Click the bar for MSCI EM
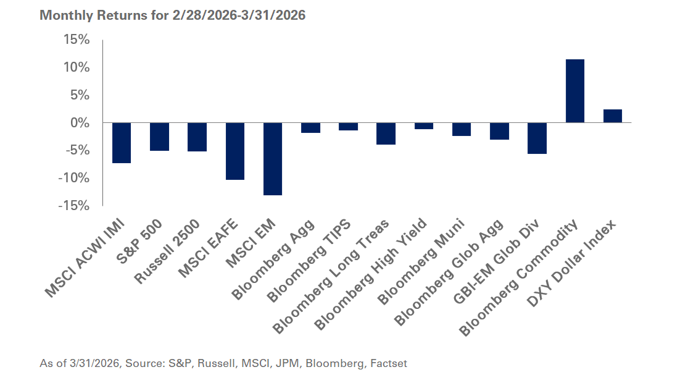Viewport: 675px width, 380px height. pyautogui.click(x=273, y=159)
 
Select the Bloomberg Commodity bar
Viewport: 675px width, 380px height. pyautogui.click(x=575, y=91)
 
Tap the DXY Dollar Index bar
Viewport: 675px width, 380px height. pyautogui.click(x=613, y=116)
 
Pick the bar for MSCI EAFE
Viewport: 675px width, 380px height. pyautogui.click(x=235, y=151)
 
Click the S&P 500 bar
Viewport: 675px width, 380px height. pyautogui.click(x=159, y=137)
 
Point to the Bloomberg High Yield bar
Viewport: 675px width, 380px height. pyautogui.click(x=424, y=126)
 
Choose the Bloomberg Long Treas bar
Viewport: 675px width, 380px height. pyautogui.click(x=386, y=133)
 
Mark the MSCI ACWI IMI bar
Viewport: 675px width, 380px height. pyautogui.click(x=122, y=143)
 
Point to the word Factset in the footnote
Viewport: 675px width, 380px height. pyautogui.click(x=388, y=364)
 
